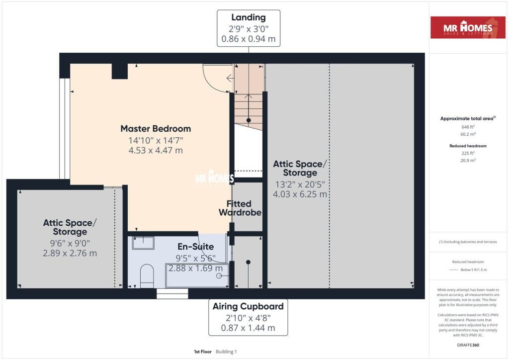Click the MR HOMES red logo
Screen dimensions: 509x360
tap(468, 27)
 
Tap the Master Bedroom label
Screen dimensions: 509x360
tap(156, 129)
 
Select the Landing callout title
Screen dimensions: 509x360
tap(249, 17)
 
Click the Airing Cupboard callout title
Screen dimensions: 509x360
tap(248, 306)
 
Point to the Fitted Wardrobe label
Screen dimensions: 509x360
tap(240, 208)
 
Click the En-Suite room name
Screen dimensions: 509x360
tap(195, 247)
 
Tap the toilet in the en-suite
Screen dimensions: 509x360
tap(147, 275)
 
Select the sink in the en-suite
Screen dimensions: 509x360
tap(143, 243)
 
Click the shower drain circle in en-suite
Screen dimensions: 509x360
tap(219, 276)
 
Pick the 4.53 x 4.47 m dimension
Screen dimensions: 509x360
tap(156, 150)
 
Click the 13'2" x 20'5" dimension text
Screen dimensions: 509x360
tap(300, 184)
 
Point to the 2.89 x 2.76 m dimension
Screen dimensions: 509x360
tap(70, 253)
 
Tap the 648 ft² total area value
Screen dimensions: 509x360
tap(468, 127)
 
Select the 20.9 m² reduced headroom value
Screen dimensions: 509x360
tap(468, 161)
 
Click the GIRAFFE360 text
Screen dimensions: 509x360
tap(468, 345)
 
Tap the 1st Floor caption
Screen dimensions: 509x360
tap(203, 352)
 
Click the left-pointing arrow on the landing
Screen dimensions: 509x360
tap(230, 78)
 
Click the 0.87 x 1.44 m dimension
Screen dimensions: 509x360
tap(248, 328)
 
